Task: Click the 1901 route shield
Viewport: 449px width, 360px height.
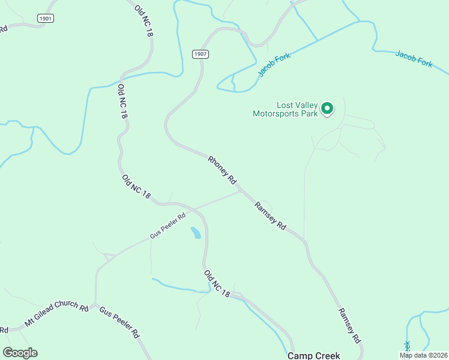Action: click(x=45, y=19)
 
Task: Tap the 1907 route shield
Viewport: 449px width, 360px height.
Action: click(x=200, y=54)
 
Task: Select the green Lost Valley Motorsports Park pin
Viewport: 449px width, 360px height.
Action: click(x=327, y=109)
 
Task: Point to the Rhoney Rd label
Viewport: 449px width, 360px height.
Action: click(x=223, y=170)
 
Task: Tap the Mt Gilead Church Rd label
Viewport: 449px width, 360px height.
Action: click(x=56, y=314)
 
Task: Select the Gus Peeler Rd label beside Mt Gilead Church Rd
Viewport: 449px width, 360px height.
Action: click(x=119, y=322)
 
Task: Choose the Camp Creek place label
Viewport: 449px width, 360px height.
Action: click(x=314, y=355)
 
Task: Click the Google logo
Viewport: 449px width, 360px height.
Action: click(x=20, y=353)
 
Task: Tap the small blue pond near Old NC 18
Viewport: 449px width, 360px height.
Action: click(x=196, y=233)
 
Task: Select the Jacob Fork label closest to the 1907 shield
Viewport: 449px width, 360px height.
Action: click(x=274, y=65)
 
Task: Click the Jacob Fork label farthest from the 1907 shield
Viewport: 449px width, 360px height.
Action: click(x=414, y=59)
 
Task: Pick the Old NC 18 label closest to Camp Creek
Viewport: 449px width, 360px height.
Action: click(x=217, y=284)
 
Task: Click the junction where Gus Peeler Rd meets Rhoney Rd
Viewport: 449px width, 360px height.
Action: click(x=240, y=191)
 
